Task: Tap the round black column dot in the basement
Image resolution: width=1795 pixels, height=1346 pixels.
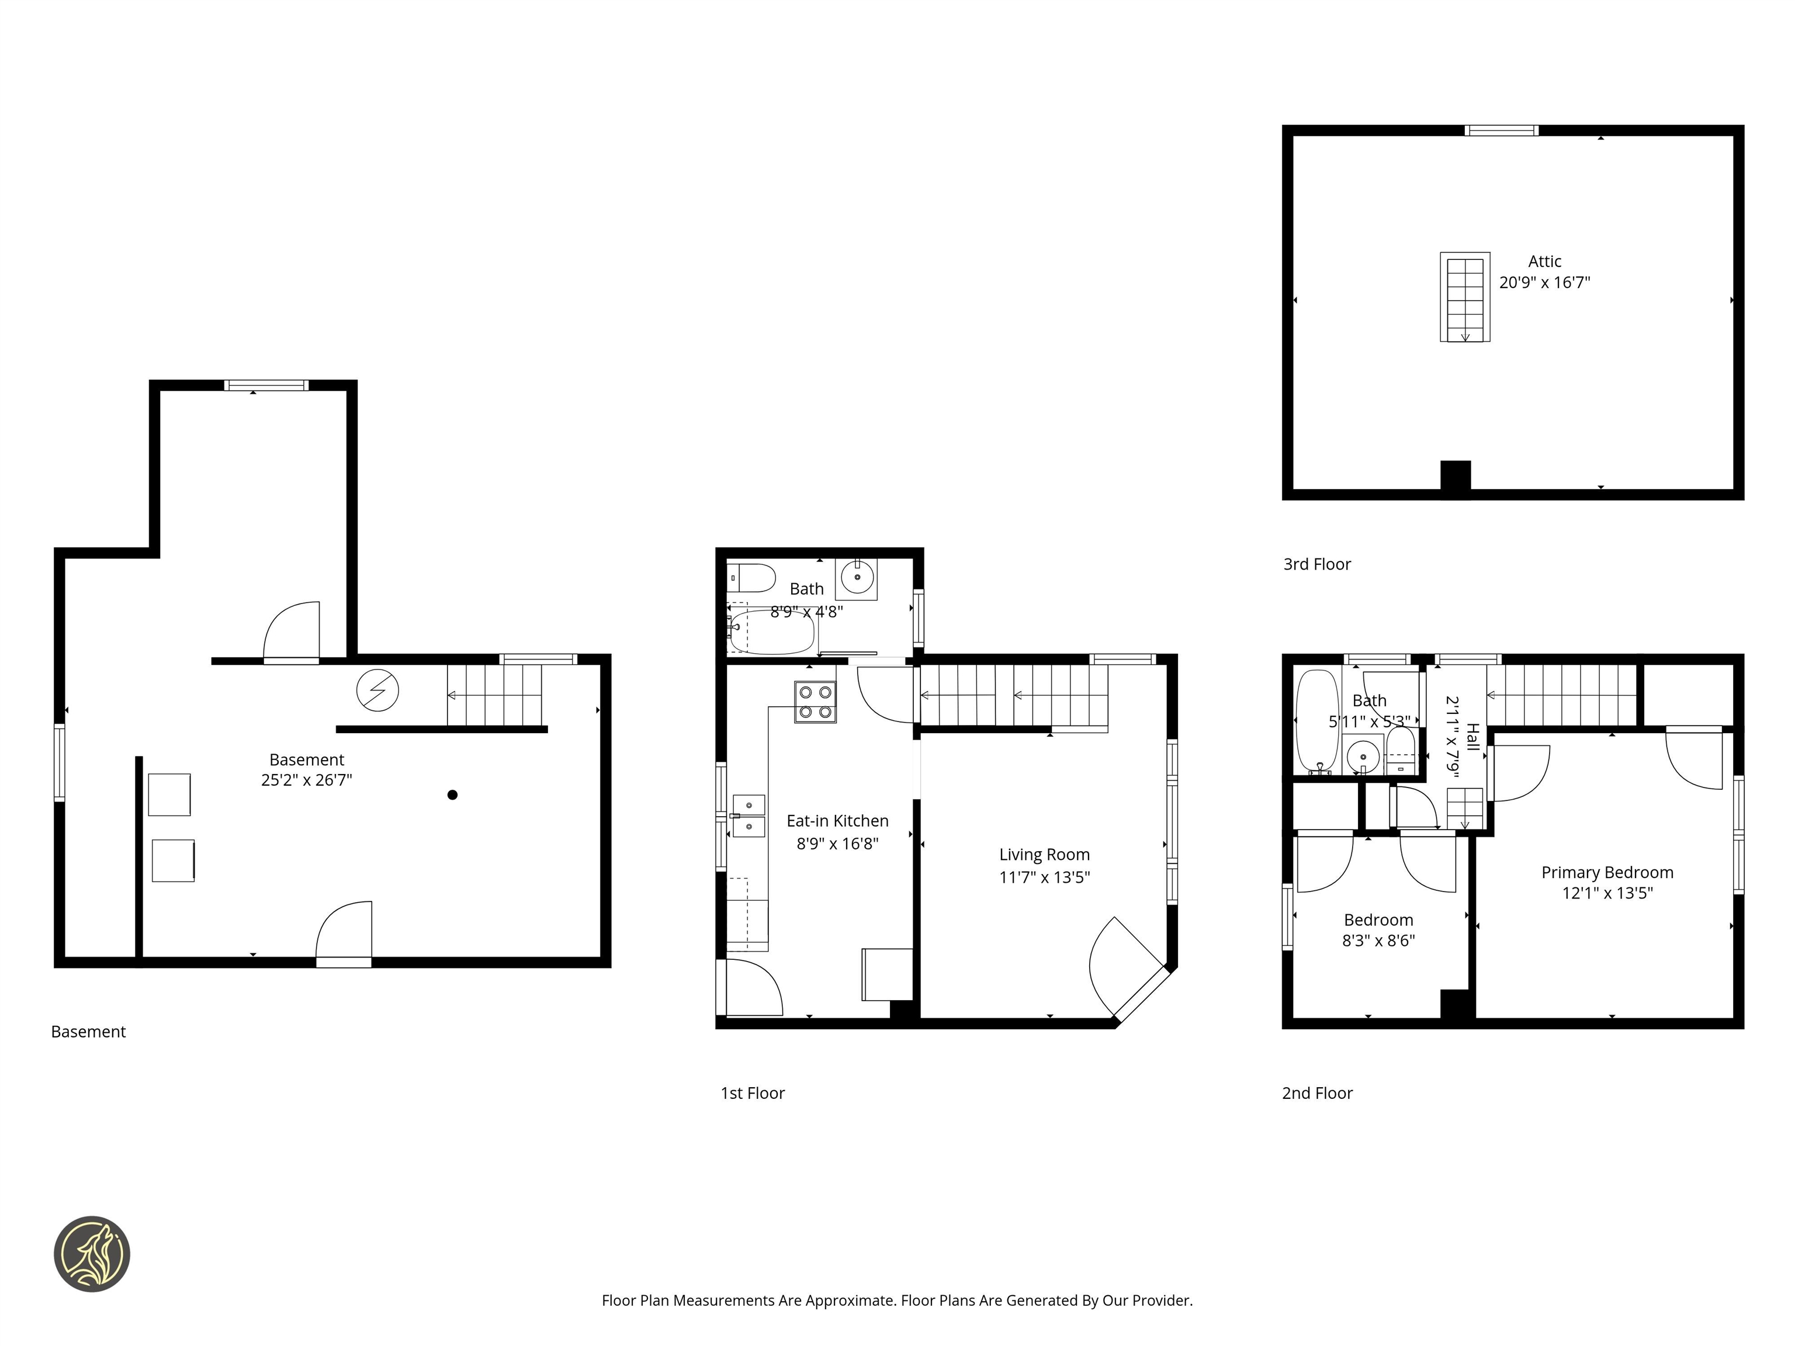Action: coord(452,795)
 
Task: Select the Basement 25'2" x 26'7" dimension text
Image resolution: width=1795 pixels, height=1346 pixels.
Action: coord(306,780)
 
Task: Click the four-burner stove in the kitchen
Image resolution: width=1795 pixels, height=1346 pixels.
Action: coord(815,702)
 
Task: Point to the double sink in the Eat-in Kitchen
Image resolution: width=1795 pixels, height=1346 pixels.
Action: coord(748,816)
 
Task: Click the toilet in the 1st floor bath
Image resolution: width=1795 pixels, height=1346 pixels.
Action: coord(752,578)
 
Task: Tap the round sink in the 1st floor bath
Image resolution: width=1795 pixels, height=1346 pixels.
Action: coord(857,578)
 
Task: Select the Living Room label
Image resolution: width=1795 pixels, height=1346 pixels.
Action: coord(1044,854)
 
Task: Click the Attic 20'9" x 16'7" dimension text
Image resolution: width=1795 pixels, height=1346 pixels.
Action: coord(1544,282)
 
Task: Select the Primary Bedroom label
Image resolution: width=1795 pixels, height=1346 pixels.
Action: coord(1607,872)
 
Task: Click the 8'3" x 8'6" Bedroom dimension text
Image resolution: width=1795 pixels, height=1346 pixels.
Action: coord(1378,941)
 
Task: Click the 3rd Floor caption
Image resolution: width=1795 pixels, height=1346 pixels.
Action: coord(1316,564)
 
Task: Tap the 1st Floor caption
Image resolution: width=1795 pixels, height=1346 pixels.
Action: coord(752,1093)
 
